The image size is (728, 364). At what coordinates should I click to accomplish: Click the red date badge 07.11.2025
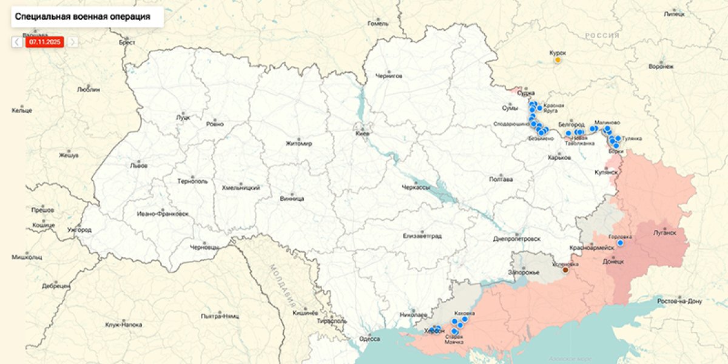tap(44, 42)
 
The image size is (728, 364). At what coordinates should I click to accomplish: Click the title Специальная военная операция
tap(83, 16)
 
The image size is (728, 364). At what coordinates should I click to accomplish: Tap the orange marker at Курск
tap(557, 59)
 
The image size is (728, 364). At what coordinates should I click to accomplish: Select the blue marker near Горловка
tap(620, 243)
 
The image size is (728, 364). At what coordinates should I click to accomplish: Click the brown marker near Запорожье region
tap(565, 270)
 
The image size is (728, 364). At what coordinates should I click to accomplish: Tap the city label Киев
tap(363, 133)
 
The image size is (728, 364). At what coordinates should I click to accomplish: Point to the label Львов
tap(138, 165)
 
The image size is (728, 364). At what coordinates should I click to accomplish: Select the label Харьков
tap(559, 158)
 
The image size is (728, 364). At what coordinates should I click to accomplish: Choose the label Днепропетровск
tap(516, 239)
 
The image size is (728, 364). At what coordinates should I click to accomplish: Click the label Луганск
tap(665, 231)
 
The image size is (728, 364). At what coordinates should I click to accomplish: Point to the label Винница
tap(292, 198)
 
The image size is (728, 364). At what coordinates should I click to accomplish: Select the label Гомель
tap(377, 24)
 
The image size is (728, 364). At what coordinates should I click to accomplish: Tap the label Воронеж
tap(661, 66)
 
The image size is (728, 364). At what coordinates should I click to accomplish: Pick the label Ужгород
tap(79, 230)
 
